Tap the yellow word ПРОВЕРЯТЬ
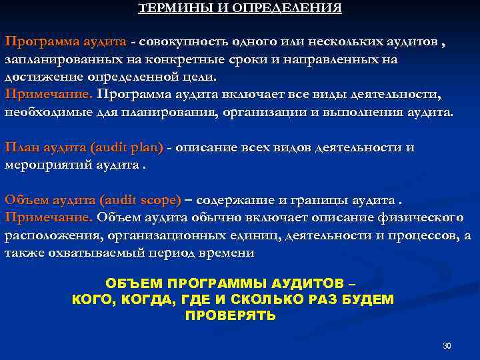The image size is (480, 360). pyautogui.click(x=230, y=316)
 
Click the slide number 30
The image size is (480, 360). pyautogui.click(x=447, y=345)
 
